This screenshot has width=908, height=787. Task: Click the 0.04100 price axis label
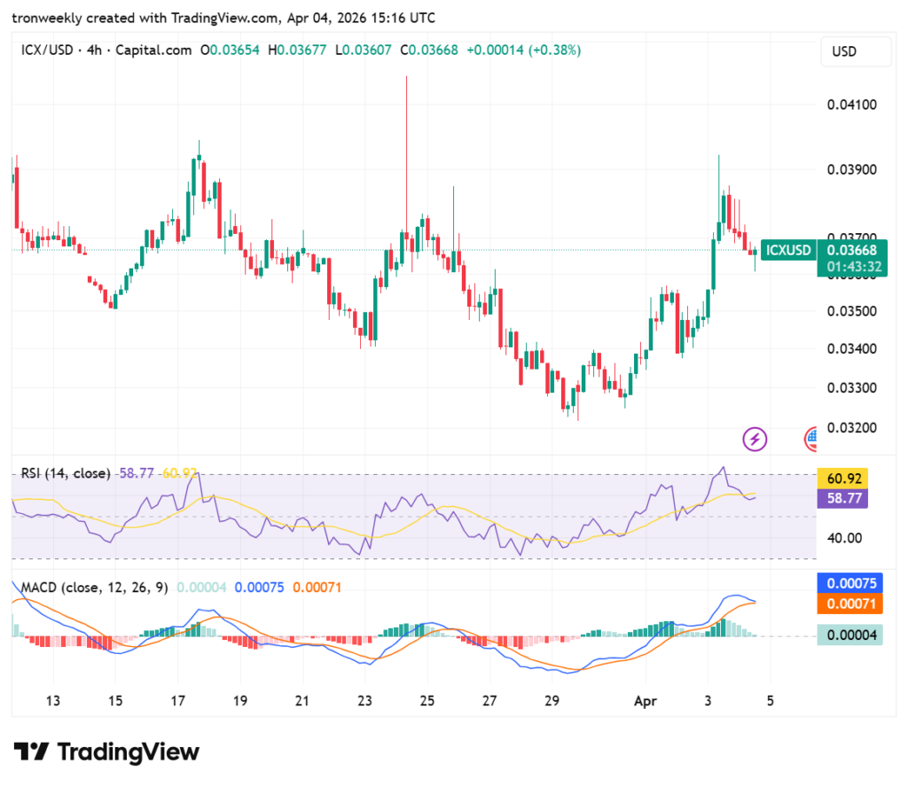851,105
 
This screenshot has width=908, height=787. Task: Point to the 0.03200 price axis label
851,428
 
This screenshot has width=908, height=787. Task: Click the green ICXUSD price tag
788,251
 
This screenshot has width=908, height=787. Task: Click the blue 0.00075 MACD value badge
852,583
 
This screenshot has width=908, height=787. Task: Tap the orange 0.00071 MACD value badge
852,604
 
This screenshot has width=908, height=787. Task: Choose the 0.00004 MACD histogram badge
852,635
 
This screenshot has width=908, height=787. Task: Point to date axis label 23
365,701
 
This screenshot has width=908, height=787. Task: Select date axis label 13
53,701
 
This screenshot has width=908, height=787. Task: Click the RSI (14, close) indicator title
66,474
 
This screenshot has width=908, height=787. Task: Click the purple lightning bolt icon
755,438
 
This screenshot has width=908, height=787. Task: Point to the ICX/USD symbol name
46,51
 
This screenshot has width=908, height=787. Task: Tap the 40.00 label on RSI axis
845,537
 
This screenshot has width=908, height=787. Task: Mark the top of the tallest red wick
406,76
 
